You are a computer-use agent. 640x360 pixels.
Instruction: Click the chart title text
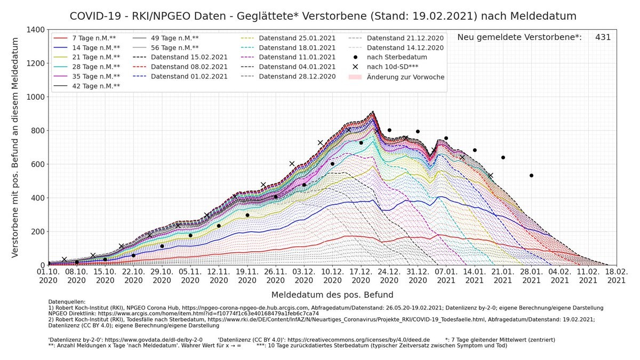323,16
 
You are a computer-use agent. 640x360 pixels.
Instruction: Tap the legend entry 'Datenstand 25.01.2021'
297,38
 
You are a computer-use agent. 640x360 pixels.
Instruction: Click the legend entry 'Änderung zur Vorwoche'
405,77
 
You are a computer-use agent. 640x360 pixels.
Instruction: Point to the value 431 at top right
603,37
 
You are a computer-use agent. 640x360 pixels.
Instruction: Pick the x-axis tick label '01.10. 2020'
49,275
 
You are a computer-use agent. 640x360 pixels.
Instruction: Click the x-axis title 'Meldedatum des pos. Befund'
332,295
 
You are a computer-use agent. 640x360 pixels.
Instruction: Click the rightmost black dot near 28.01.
531,175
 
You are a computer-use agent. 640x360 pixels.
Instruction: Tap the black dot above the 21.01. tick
503,157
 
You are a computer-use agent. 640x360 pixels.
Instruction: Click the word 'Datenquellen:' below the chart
67,302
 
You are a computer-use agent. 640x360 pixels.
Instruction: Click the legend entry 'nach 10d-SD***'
392,67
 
